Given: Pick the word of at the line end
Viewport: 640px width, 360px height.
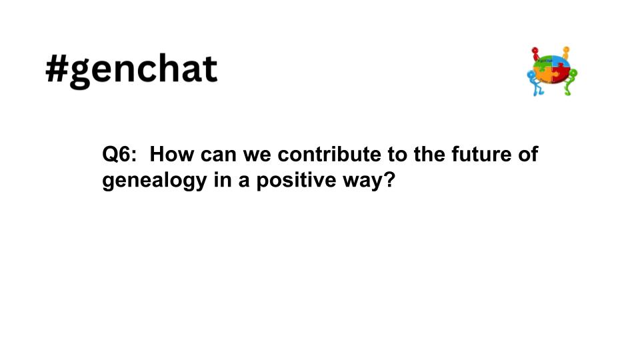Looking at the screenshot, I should click(x=527, y=155).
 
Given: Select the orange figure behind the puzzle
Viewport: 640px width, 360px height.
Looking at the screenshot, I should click(x=566, y=53).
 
